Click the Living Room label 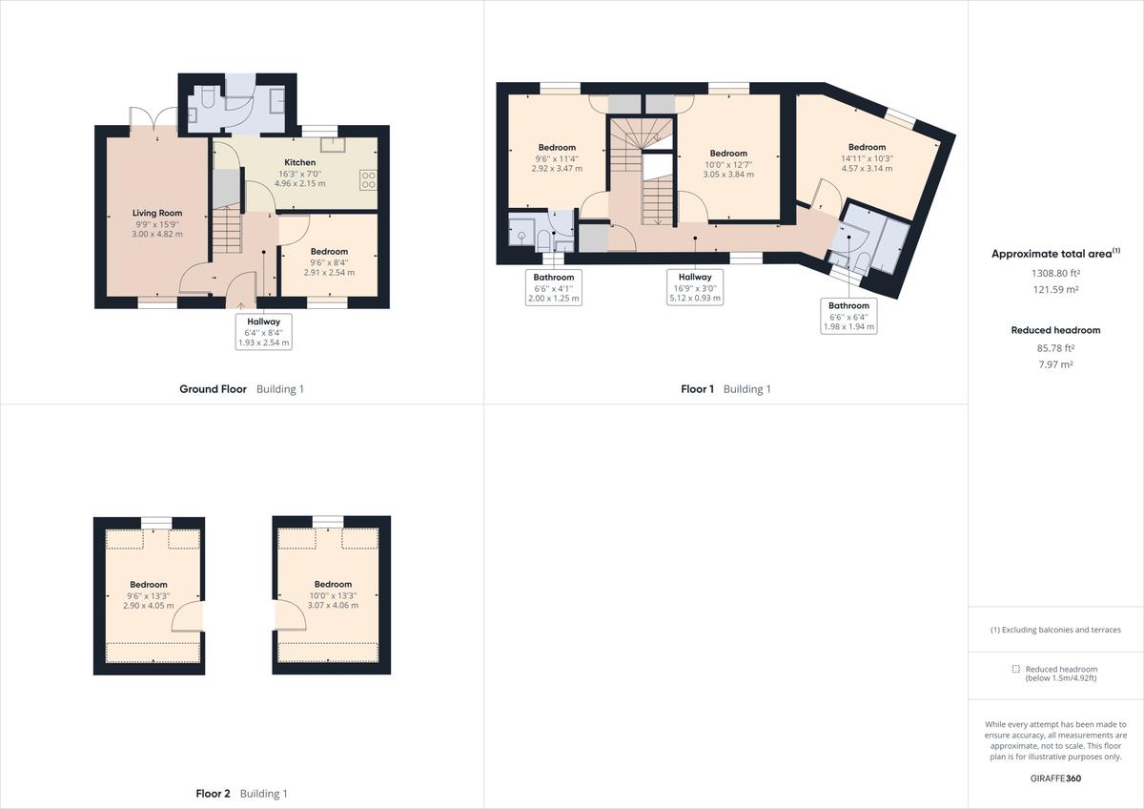coord(157,213)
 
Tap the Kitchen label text coord(299,163)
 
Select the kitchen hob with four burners coord(368,179)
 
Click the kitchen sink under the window coord(335,145)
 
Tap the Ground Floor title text coord(214,389)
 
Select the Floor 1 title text coord(697,389)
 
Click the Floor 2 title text coord(214,794)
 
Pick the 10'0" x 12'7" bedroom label coord(728,164)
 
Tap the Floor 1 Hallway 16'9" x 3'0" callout coord(695,286)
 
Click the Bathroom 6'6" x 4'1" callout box coord(554,287)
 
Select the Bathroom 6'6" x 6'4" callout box coord(848,316)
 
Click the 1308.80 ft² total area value coord(1055,272)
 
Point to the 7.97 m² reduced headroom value coord(1055,364)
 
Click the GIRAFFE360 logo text coord(1055,778)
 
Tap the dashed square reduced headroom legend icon coord(1016,670)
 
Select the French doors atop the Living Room coord(154,118)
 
